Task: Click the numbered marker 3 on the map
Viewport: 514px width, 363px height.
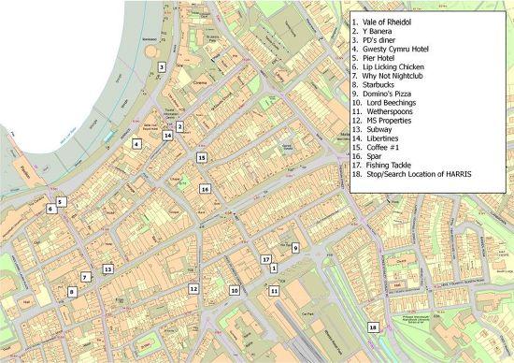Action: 162,66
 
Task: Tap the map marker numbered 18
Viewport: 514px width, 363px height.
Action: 373,327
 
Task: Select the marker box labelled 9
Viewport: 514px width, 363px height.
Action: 294,248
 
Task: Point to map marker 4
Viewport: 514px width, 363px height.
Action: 136,144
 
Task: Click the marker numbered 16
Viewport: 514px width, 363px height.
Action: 206,189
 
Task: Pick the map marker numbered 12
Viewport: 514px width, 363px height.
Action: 193,289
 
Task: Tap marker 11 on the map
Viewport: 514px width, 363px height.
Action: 274,291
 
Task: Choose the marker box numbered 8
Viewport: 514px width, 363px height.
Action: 71,292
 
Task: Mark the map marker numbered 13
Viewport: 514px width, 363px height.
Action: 107,269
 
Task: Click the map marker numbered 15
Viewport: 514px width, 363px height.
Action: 201,158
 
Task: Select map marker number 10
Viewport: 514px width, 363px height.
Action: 235,291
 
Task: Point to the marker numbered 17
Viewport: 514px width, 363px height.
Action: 265,258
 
